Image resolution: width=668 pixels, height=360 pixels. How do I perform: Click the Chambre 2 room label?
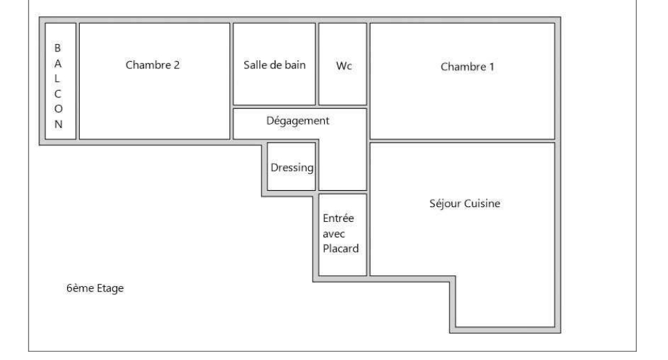152,65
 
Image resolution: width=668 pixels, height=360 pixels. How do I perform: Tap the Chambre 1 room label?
468,67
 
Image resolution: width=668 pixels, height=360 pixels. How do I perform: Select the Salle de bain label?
274,65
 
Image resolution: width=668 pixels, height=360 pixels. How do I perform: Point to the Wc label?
344,66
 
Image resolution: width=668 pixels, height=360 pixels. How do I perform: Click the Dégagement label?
298,121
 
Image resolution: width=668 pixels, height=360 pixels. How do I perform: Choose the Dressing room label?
292,168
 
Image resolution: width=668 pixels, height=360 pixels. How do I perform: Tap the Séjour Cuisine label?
465,204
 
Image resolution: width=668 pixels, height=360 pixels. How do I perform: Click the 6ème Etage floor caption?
95,288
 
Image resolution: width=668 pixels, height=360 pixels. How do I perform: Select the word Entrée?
338,218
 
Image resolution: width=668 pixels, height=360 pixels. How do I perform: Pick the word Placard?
341,248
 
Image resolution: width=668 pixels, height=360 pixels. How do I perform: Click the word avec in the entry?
334,234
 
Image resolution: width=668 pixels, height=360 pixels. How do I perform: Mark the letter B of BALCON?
58,48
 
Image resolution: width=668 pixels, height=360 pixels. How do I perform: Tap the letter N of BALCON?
58,125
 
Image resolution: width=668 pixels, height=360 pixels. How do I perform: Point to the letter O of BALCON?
58,109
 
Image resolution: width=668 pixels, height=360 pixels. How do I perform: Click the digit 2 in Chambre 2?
177,65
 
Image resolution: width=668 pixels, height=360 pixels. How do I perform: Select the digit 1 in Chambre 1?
491,67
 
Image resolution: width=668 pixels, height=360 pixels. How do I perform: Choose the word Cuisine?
483,204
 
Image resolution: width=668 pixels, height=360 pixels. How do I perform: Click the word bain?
295,65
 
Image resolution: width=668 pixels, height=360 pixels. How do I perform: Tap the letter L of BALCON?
57,78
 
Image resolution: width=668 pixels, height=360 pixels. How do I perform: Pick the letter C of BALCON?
58,94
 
